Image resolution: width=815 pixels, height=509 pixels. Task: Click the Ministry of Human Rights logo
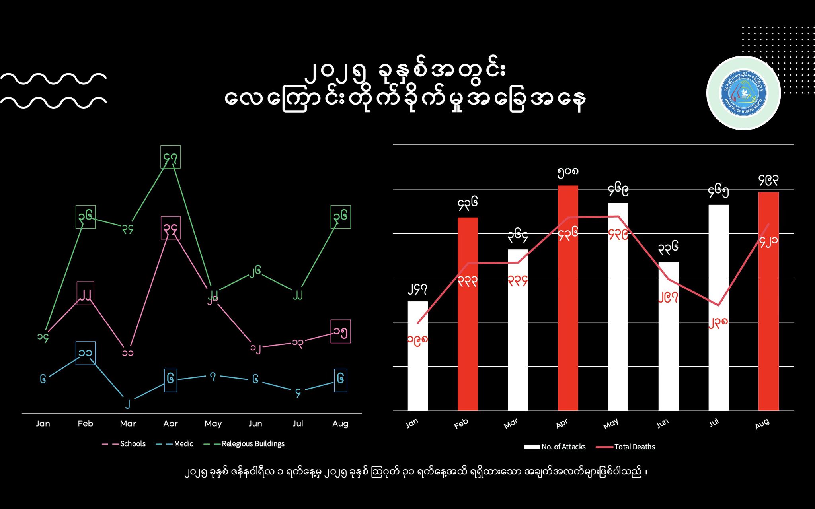(x=743, y=93)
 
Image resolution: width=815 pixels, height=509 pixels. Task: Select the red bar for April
(x=568, y=298)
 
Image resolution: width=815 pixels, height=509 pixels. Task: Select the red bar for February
(x=468, y=314)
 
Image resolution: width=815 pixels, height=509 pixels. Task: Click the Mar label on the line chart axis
(x=128, y=424)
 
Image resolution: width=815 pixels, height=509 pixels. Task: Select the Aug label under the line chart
(x=340, y=424)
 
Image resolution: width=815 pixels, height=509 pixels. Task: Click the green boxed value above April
(x=171, y=157)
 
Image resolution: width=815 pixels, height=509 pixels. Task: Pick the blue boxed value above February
(x=86, y=353)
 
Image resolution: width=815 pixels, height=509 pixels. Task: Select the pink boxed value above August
(x=341, y=331)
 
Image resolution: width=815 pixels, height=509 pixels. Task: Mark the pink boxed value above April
(x=171, y=228)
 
